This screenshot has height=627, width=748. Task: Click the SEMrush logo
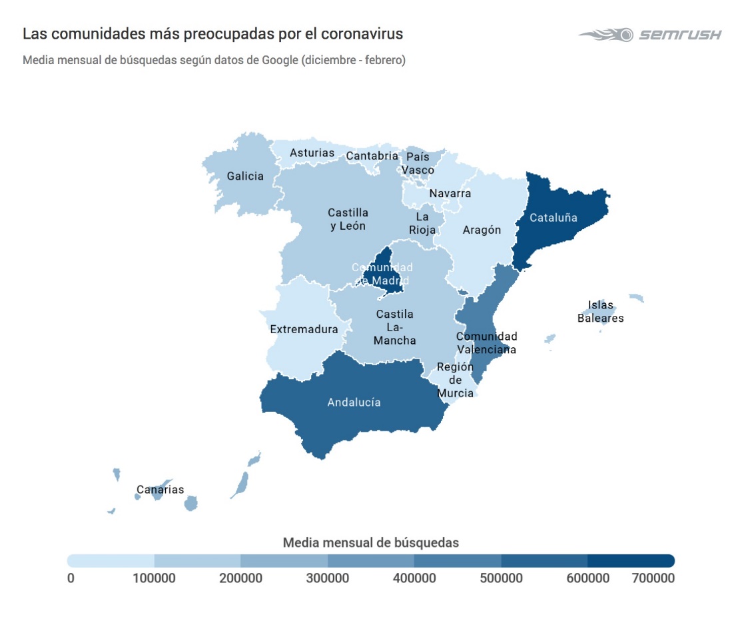[x=649, y=35]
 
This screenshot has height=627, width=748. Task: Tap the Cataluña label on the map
[x=553, y=217]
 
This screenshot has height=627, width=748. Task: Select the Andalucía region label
[x=354, y=402]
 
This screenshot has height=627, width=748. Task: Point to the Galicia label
[x=245, y=177]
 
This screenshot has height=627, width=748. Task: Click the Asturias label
[x=312, y=153]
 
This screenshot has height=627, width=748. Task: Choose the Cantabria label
[x=372, y=157]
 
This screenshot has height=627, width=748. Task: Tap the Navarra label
[x=450, y=194]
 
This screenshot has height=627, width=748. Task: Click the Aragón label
[x=481, y=230]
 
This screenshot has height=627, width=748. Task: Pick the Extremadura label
[x=304, y=329]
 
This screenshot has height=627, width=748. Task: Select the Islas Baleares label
[x=600, y=312]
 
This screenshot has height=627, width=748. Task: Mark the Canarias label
[x=160, y=490]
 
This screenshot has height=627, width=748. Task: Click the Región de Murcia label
[x=456, y=380]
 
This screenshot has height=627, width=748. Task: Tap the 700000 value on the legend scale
[x=653, y=578]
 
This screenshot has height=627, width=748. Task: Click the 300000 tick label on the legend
[x=327, y=578]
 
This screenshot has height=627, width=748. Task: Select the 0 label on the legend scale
[x=71, y=578]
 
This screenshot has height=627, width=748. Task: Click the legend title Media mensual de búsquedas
[x=371, y=542]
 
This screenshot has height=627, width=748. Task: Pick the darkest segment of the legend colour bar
[x=631, y=560]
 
